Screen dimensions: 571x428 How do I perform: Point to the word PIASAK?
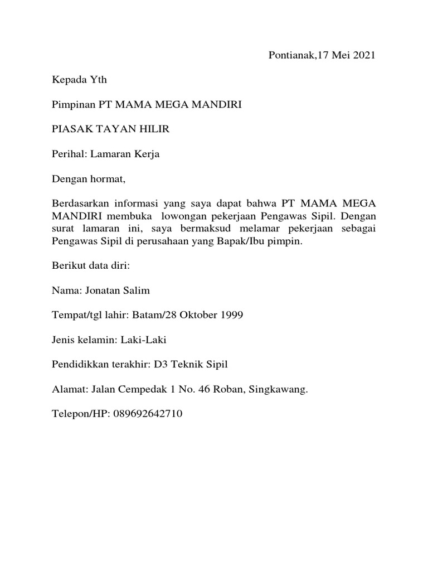pyautogui.click(x=69, y=129)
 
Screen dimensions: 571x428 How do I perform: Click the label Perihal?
pyautogui.click(x=67, y=154)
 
